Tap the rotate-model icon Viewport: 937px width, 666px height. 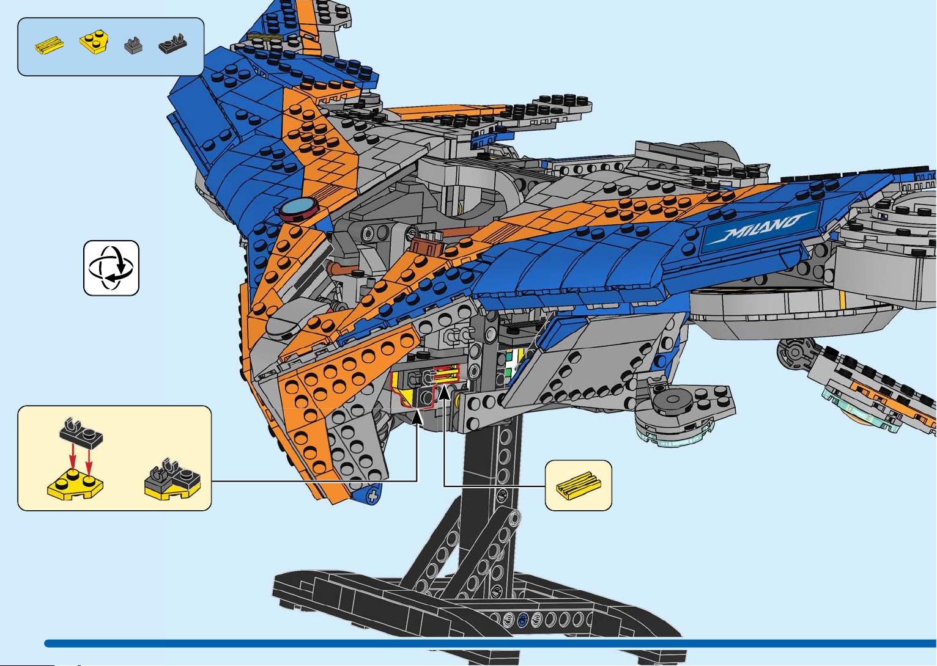[111, 268]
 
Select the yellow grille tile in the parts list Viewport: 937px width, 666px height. [50, 45]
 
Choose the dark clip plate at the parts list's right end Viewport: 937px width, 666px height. [172, 43]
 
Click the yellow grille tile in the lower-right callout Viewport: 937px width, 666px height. [579, 486]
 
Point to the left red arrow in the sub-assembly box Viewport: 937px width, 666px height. [73, 457]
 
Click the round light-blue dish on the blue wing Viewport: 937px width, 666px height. [300, 208]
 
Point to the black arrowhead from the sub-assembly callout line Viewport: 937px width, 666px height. [417, 417]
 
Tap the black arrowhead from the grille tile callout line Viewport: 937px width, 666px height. [444, 393]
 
